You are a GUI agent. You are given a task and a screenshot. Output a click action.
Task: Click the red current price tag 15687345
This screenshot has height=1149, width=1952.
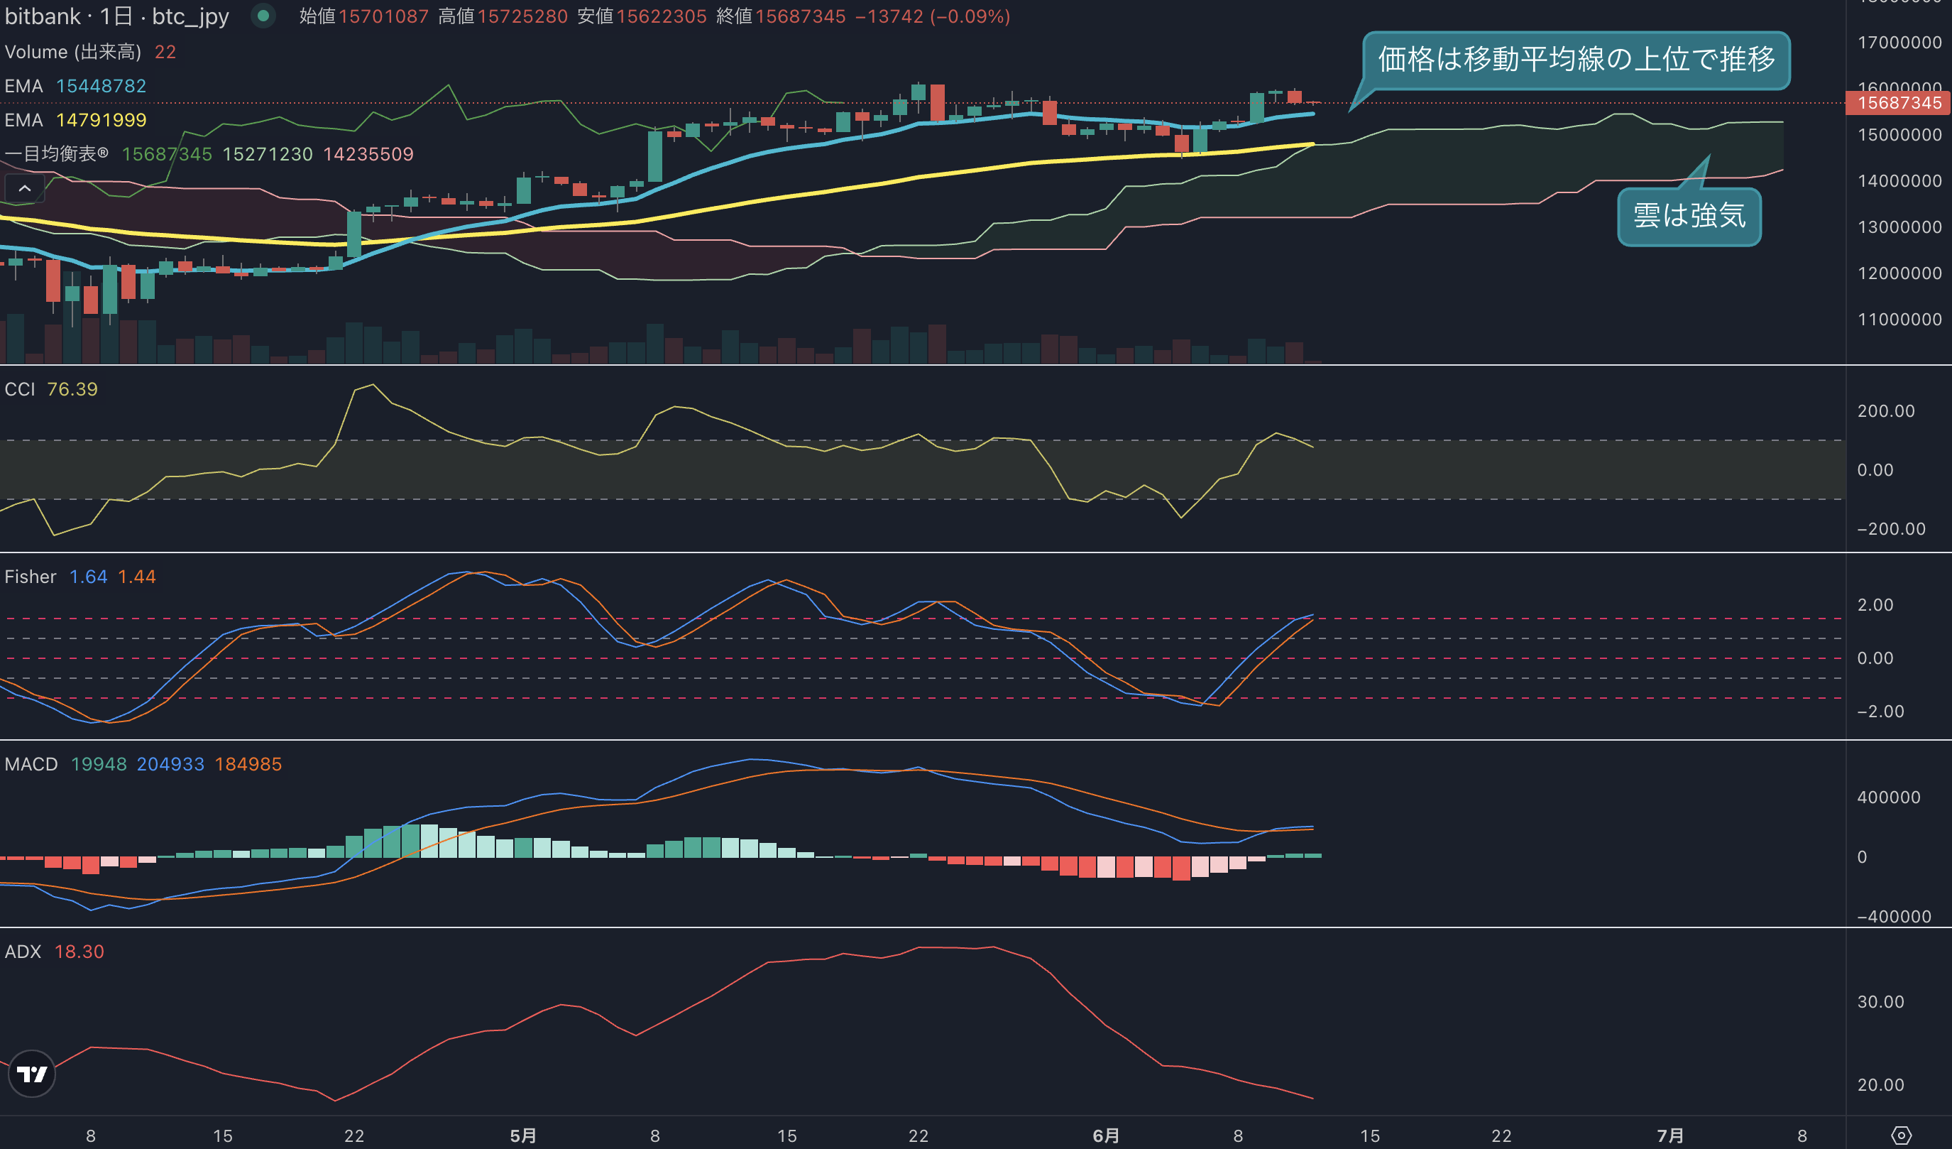click(x=1899, y=103)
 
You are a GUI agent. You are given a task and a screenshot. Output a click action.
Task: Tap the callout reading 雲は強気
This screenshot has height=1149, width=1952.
click(x=1689, y=216)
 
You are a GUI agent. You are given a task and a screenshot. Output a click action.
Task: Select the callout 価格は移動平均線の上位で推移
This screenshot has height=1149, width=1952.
click(x=1577, y=60)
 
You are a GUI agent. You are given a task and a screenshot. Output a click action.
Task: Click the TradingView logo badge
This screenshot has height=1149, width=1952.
click(x=32, y=1074)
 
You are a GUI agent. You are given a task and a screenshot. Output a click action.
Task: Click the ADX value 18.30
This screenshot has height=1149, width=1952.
click(x=79, y=952)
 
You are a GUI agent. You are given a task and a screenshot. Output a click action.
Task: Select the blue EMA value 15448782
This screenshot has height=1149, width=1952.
click(x=102, y=86)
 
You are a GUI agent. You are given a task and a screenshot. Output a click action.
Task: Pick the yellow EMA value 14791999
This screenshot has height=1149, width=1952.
click(x=102, y=120)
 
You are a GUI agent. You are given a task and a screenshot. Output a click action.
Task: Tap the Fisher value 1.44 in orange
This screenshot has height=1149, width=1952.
click(x=137, y=577)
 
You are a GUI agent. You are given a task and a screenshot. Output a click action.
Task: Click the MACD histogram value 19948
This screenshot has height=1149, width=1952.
click(x=99, y=764)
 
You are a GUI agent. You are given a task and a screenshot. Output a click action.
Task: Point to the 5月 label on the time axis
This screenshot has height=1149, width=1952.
click(x=524, y=1136)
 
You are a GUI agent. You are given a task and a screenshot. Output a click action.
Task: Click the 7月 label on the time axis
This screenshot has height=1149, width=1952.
click(x=1670, y=1136)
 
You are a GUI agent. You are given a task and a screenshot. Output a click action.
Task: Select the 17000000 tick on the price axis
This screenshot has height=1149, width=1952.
click(x=1899, y=43)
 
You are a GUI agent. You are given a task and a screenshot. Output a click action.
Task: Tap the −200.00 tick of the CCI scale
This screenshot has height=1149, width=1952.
click(x=1891, y=529)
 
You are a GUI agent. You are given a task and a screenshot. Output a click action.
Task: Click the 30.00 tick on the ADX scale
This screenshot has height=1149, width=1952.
click(x=1881, y=1002)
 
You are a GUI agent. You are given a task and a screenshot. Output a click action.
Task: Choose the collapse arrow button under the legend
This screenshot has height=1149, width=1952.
click(x=25, y=188)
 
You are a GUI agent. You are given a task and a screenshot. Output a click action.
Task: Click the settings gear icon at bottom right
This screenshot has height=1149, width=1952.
click(x=1901, y=1136)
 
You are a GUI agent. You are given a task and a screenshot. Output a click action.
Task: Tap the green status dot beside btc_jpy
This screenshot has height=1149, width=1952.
click(x=263, y=16)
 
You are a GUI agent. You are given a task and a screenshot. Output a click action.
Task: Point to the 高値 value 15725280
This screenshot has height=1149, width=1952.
click(x=523, y=16)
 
